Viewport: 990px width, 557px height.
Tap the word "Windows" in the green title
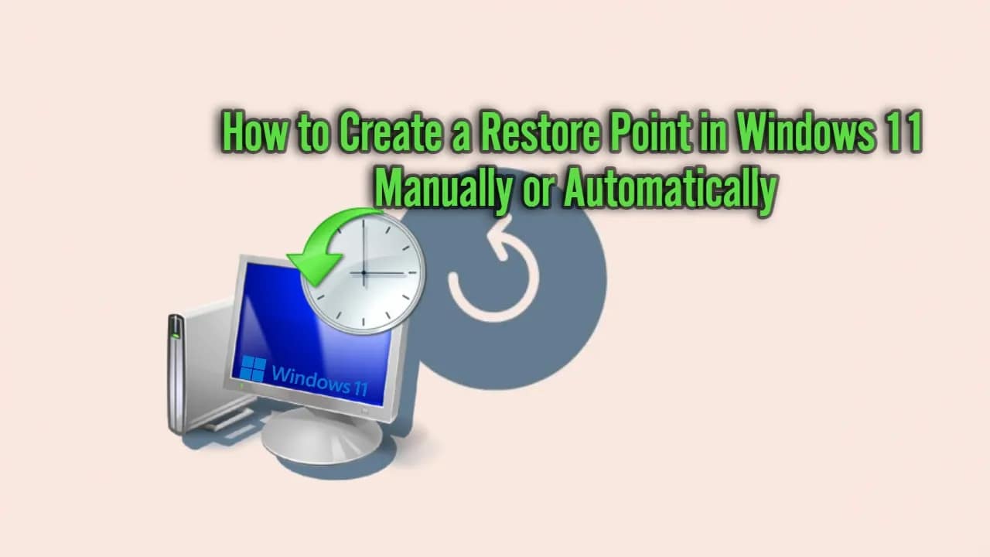click(x=804, y=133)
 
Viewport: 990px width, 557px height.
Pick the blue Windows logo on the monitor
click(x=253, y=368)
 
